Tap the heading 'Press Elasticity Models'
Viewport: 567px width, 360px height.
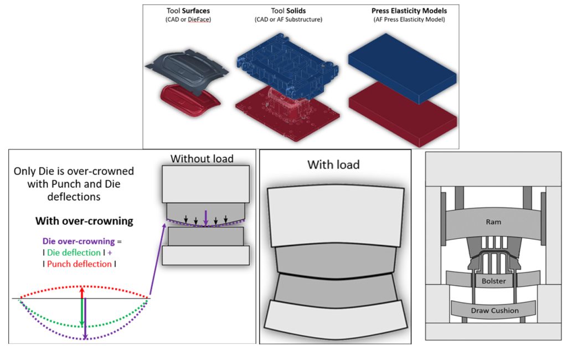point(401,11)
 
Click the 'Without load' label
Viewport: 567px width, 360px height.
point(202,159)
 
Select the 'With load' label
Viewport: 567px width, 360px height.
point(334,164)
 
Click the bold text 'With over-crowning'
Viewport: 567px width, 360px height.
point(84,221)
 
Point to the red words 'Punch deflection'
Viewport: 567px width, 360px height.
point(79,264)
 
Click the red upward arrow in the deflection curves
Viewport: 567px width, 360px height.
point(82,292)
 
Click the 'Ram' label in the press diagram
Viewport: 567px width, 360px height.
point(493,222)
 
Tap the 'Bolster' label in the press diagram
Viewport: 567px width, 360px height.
point(493,281)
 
